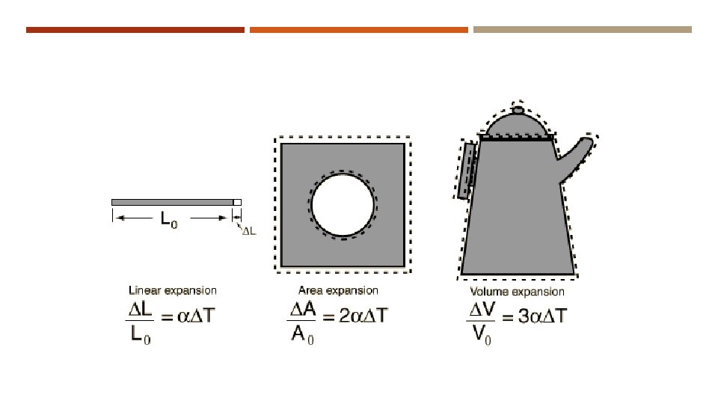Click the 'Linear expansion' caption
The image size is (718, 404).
pyautogui.click(x=173, y=290)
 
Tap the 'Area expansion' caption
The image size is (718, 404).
pyautogui.click(x=338, y=290)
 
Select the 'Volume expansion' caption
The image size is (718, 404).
pyautogui.click(x=517, y=292)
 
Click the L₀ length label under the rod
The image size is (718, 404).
pyautogui.click(x=168, y=219)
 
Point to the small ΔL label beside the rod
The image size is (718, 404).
pyautogui.click(x=249, y=231)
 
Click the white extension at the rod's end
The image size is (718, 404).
pyautogui.click(x=237, y=203)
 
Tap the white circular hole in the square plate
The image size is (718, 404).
pyautogui.click(x=343, y=205)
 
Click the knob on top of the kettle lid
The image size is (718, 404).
pyautogui.click(x=518, y=110)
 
